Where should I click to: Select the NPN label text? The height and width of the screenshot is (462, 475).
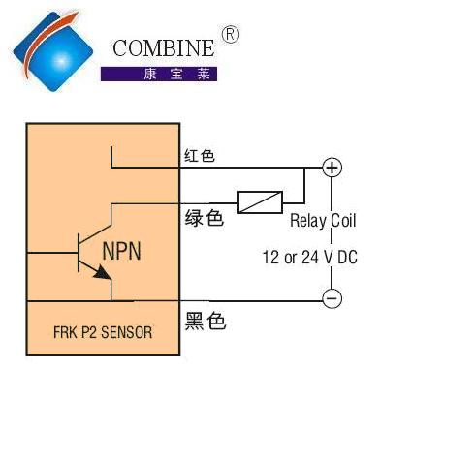click(121, 251)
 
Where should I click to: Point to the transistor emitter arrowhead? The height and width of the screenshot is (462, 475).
click(103, 273)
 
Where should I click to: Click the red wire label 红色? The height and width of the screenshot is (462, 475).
click(200, 156)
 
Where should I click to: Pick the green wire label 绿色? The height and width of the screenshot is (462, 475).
click(205, 218)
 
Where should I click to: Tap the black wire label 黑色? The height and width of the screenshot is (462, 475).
click(206, 321)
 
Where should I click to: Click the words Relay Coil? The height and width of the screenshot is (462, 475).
click(323, 222)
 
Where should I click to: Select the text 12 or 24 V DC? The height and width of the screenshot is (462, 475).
click(310, 258)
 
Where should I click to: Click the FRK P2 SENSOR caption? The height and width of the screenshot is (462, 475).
click(103, 332)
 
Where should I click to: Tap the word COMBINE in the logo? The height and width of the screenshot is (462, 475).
click(163, 48)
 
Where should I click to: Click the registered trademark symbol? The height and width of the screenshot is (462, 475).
click(231, 35)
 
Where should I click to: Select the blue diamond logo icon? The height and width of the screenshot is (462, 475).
click(53, 51)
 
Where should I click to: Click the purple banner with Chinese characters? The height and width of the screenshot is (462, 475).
click(159, 74)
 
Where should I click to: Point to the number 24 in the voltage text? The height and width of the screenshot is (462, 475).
click(310, 258)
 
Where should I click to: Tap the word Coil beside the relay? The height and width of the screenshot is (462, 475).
click(344, 221)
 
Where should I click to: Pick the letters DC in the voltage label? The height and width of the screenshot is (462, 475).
click(348, 258)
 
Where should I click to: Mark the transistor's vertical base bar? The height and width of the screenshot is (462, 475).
click(79, 253)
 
